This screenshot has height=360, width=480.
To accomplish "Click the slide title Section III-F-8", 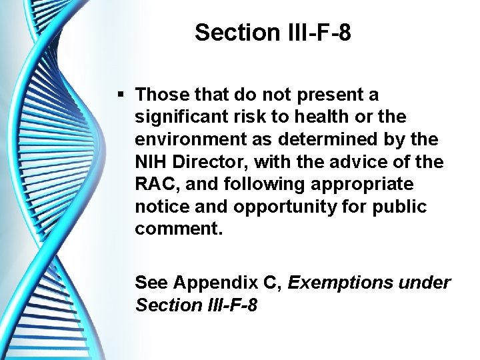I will pyautogui.click(x=273, y=32).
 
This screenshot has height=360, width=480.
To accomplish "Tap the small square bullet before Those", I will pyautogui.click(x=120, y=95).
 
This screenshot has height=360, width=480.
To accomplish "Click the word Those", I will pyautogui.click(x=160, y=95).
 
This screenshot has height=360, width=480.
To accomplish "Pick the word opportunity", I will pyautogui.click(x=279, y=207).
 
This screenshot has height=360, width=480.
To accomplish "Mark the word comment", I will pyautogui.click(x=177, y=229).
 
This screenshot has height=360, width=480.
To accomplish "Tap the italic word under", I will pyautogui.click(x=427, y=283).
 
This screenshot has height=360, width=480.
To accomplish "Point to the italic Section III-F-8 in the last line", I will pyautogui.click(x=196, y=305).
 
